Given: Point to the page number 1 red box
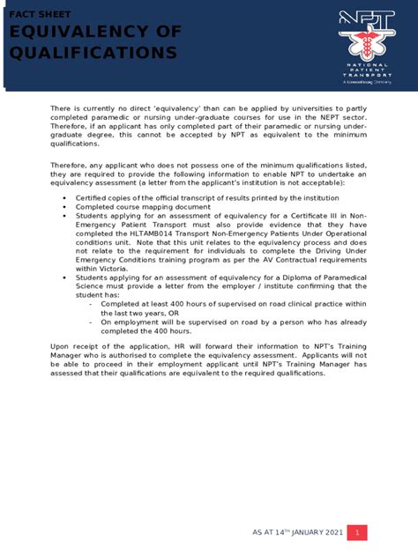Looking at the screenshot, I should (356, 533).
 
